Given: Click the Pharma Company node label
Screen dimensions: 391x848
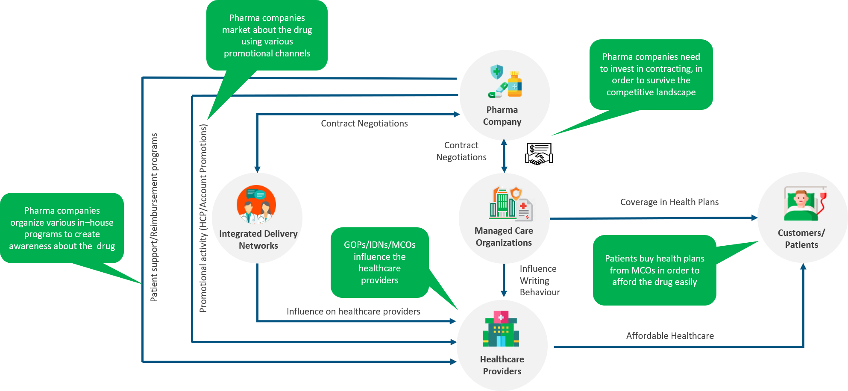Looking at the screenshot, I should tap(502, 116).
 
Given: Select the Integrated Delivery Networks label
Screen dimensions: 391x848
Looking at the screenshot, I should tap(258, 240).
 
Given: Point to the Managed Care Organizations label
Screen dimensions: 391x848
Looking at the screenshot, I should tap(504, 237).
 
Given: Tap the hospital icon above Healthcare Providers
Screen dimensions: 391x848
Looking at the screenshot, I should tap(501, 329).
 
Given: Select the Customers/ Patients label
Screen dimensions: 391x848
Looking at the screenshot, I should tap(801, 239).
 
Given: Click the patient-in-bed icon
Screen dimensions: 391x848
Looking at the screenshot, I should tap(805, 203).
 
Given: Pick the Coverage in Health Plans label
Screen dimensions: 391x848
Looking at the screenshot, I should tap(669, 202).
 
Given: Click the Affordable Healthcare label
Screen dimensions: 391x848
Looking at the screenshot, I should tap(670, 336).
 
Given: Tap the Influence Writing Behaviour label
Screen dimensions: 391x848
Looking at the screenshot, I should tap(539, 280).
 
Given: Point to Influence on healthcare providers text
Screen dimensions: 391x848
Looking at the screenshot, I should tap(353, 312).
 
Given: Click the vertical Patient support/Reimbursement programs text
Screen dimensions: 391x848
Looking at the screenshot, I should tap(154, 217).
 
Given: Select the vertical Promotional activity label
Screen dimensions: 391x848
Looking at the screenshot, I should tap(203, 218).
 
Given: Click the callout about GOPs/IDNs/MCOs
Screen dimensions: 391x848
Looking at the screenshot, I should tap(379, 262).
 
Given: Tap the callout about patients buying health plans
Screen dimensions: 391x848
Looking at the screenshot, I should tap(654, 270).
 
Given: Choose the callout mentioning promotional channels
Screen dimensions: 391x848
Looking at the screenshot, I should tap(267, 35).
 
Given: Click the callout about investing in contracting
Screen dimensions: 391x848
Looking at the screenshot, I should tap(651, 74).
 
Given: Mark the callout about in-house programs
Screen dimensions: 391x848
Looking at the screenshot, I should tap(62, 228).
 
